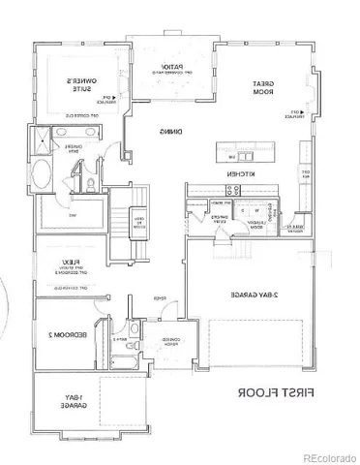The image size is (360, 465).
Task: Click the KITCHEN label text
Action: tap(239, 173)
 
